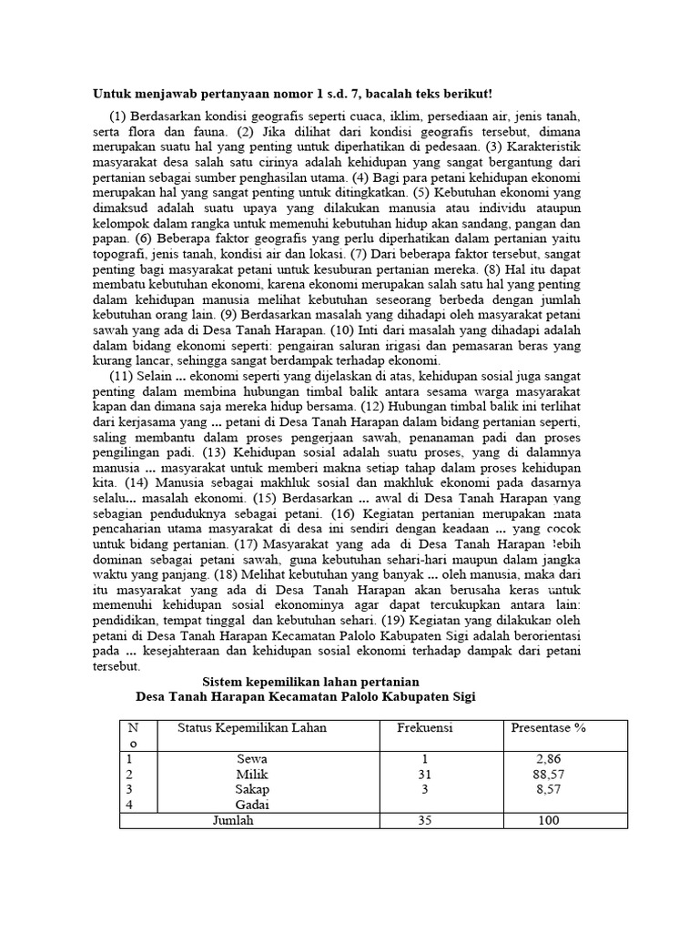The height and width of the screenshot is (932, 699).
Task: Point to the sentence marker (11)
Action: pos(122,378)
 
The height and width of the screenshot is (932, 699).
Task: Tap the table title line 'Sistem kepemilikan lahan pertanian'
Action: pos(309,682)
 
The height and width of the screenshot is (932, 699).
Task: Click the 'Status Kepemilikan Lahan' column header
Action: pos(252,728)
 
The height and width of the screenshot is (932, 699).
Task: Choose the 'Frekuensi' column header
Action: pos(425,728)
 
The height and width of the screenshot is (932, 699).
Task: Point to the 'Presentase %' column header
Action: pos(548,728)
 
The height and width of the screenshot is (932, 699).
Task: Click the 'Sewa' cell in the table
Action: pos(252,759)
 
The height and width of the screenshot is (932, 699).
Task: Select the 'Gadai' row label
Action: pos(252,805)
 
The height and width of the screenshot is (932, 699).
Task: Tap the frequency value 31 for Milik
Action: pos(424,775)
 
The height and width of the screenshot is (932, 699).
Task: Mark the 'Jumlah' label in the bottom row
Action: pos(233,820)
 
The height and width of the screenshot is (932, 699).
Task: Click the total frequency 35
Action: pos(424,820)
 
